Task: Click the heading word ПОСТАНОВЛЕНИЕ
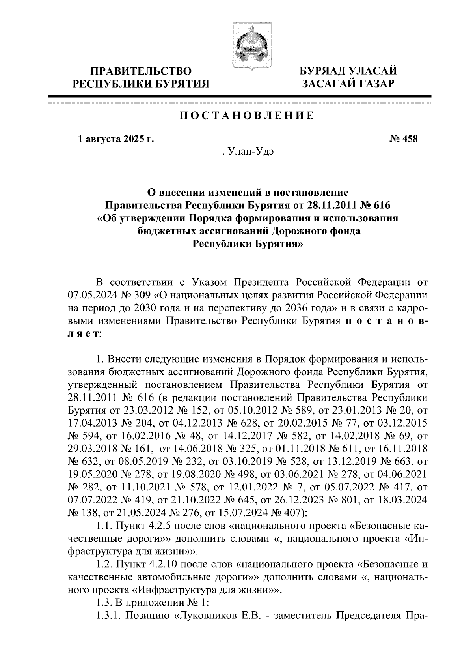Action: [x=247, y=116]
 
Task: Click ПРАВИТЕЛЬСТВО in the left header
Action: [x=142, y=71]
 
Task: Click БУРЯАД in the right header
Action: [x=324, y=71]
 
